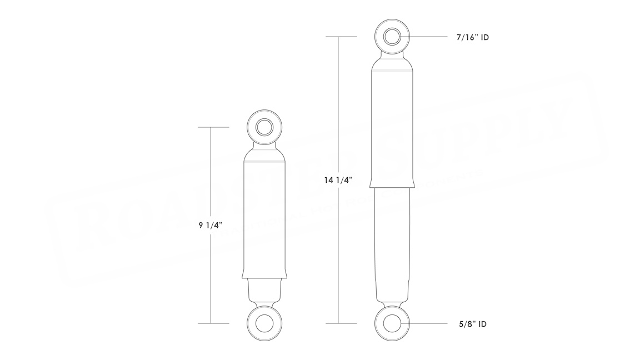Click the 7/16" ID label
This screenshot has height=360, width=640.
(472, 37)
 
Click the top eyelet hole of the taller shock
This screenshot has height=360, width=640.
(392, 37)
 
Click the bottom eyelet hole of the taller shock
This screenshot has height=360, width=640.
(392, 323)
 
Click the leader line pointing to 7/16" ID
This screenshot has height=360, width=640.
(431, 37)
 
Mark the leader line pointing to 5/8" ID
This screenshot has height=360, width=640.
(431, 323)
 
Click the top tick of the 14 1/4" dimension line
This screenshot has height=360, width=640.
(340, 37)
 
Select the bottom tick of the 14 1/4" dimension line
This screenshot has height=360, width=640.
(340, 323)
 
